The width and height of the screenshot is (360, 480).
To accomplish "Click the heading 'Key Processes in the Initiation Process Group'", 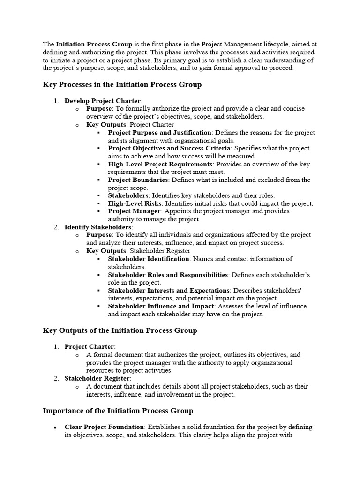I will (122, 85).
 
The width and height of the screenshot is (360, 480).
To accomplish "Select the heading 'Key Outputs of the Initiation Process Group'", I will (120, 330).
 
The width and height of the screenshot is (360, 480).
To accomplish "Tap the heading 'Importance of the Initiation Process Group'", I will (118, 411).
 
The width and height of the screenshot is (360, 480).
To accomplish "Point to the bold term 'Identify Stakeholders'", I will (98, 227).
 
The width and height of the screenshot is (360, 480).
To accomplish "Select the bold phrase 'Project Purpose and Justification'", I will (160, 133).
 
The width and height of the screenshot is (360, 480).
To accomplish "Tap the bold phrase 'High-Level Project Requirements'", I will (160, 164).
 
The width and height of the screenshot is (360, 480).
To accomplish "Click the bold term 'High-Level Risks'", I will (135, 203).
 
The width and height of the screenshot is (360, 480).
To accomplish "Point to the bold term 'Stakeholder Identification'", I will (149, 259).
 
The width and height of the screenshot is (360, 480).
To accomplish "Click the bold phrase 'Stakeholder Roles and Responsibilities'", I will (168, 274).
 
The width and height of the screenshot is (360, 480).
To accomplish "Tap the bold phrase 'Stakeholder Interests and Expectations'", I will (169, 290).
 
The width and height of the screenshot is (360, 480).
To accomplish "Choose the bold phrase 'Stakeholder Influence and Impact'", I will (160, 306).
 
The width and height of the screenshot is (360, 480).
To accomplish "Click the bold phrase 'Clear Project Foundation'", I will (104, 427).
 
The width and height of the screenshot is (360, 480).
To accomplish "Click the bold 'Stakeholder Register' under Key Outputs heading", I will (97, 378).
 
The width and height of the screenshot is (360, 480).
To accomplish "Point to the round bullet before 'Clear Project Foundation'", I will (56, 427).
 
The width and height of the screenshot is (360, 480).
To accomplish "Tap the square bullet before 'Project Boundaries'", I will (98, 180).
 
